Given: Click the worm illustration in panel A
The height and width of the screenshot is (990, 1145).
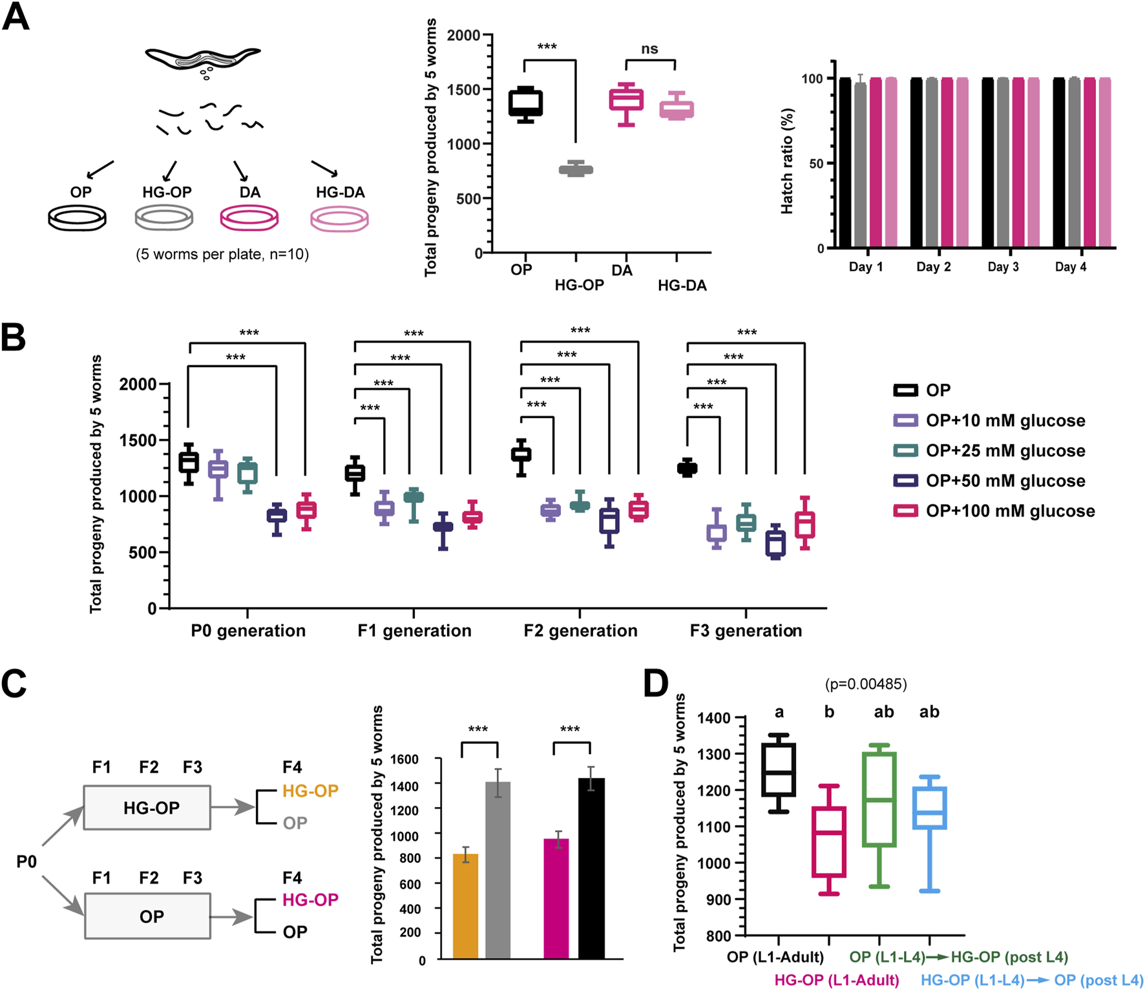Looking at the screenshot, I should click(x=202, y=58).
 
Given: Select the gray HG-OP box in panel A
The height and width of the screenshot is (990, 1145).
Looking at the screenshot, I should click(x=576, y=170).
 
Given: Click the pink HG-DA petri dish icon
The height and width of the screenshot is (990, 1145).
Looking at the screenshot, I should click(x=339, y=219).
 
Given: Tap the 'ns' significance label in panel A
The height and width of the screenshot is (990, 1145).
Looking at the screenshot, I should click(x=649, y=49).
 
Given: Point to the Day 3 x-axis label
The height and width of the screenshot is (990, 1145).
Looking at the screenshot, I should click(x=1003, y=267).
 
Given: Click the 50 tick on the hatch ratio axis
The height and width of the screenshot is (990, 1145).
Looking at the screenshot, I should click(x=816, y=163).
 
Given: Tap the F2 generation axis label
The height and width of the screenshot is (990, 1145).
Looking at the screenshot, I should click(x=580, y=630).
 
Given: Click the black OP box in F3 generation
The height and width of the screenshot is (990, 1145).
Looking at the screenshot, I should click(x=687, y=468).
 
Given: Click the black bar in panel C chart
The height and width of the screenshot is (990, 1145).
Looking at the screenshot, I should click(x=591, y=868).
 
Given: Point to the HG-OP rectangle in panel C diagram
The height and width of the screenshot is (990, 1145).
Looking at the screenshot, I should click(x=147, y=807).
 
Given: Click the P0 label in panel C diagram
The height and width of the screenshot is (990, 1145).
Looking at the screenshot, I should click(x=26, y=861).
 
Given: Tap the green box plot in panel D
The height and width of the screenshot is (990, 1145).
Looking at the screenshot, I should click(x=879, y=799).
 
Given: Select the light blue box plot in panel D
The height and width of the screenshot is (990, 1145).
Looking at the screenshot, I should click(x=929, y=808).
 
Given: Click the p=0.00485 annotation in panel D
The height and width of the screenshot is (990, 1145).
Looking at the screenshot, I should click(x=866, y=684).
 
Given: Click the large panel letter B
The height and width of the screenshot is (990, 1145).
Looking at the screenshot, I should click(x=14, y=337).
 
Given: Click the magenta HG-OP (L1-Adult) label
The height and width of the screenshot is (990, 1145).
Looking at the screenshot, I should click(x=836, y=980).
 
